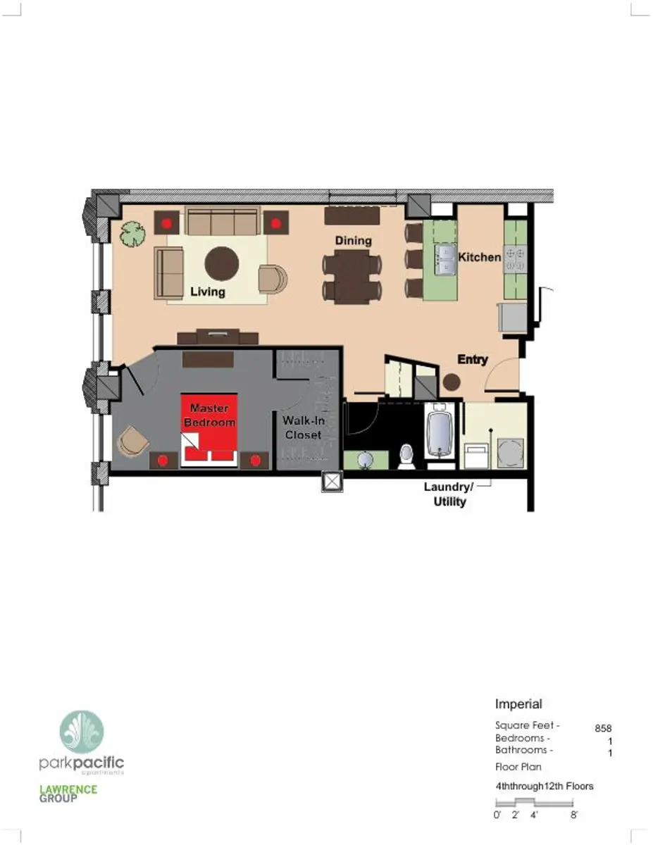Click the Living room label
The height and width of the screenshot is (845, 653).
(x=207, y=292)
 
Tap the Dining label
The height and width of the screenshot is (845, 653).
(x=353, y=241)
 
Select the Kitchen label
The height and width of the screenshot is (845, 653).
(x=480, y=257)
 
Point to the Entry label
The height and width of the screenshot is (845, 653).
(x=473, y=360)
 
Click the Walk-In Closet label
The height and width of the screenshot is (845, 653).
(x=302, y=427)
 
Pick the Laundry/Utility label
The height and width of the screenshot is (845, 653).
(x=449, y=494)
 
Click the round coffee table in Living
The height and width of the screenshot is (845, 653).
(x=221, y=263)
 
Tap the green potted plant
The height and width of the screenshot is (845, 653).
(x=131, y=234)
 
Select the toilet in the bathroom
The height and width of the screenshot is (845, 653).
(x=407, y=456)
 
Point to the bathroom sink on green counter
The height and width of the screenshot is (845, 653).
(x=366, y=460)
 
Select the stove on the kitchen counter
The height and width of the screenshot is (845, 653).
(x=516, y=257)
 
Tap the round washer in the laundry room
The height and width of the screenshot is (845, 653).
(x=510, y=452)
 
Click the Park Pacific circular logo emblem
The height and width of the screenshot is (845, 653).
(x=82, y=732)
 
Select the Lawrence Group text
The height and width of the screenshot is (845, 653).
(x=68, y=794)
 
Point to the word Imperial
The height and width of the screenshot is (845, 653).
(x=518, y=704)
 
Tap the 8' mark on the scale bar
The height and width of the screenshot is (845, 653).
(x=574, y=815)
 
